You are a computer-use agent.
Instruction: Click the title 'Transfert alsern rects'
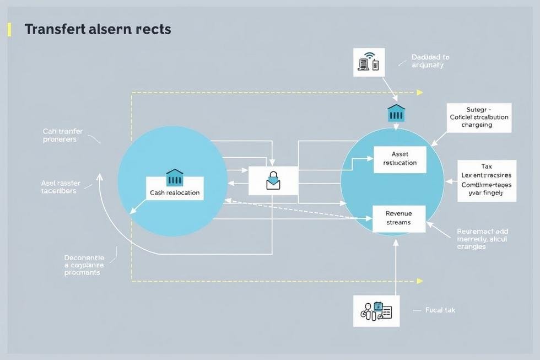coord(98,29)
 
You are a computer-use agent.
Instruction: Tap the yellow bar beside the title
coord(9,29)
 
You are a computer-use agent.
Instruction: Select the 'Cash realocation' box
coord(175,193)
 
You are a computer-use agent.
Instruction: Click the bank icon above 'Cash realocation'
coord(175,178)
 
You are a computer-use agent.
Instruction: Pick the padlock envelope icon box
coord(273,180)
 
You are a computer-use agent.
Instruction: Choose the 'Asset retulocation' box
coord(399,159)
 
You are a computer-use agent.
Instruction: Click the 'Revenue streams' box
coord(398,218)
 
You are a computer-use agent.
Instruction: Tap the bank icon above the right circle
coord(396,112)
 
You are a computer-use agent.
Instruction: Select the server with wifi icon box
coord(368,62)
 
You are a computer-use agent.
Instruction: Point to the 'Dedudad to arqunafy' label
coord(430,61)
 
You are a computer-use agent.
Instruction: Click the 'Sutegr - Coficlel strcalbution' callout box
coord(479,117)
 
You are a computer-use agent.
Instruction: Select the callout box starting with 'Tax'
coord(487,180)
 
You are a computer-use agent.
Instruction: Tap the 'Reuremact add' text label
coord(482,239)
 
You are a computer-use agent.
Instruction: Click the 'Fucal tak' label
coord(440,310)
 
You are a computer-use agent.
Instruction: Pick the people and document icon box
coord(376,311)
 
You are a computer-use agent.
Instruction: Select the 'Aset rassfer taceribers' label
coord(60,186)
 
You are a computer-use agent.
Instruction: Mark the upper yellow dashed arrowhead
coord(420,92)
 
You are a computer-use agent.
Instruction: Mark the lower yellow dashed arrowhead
coord(420,281)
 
